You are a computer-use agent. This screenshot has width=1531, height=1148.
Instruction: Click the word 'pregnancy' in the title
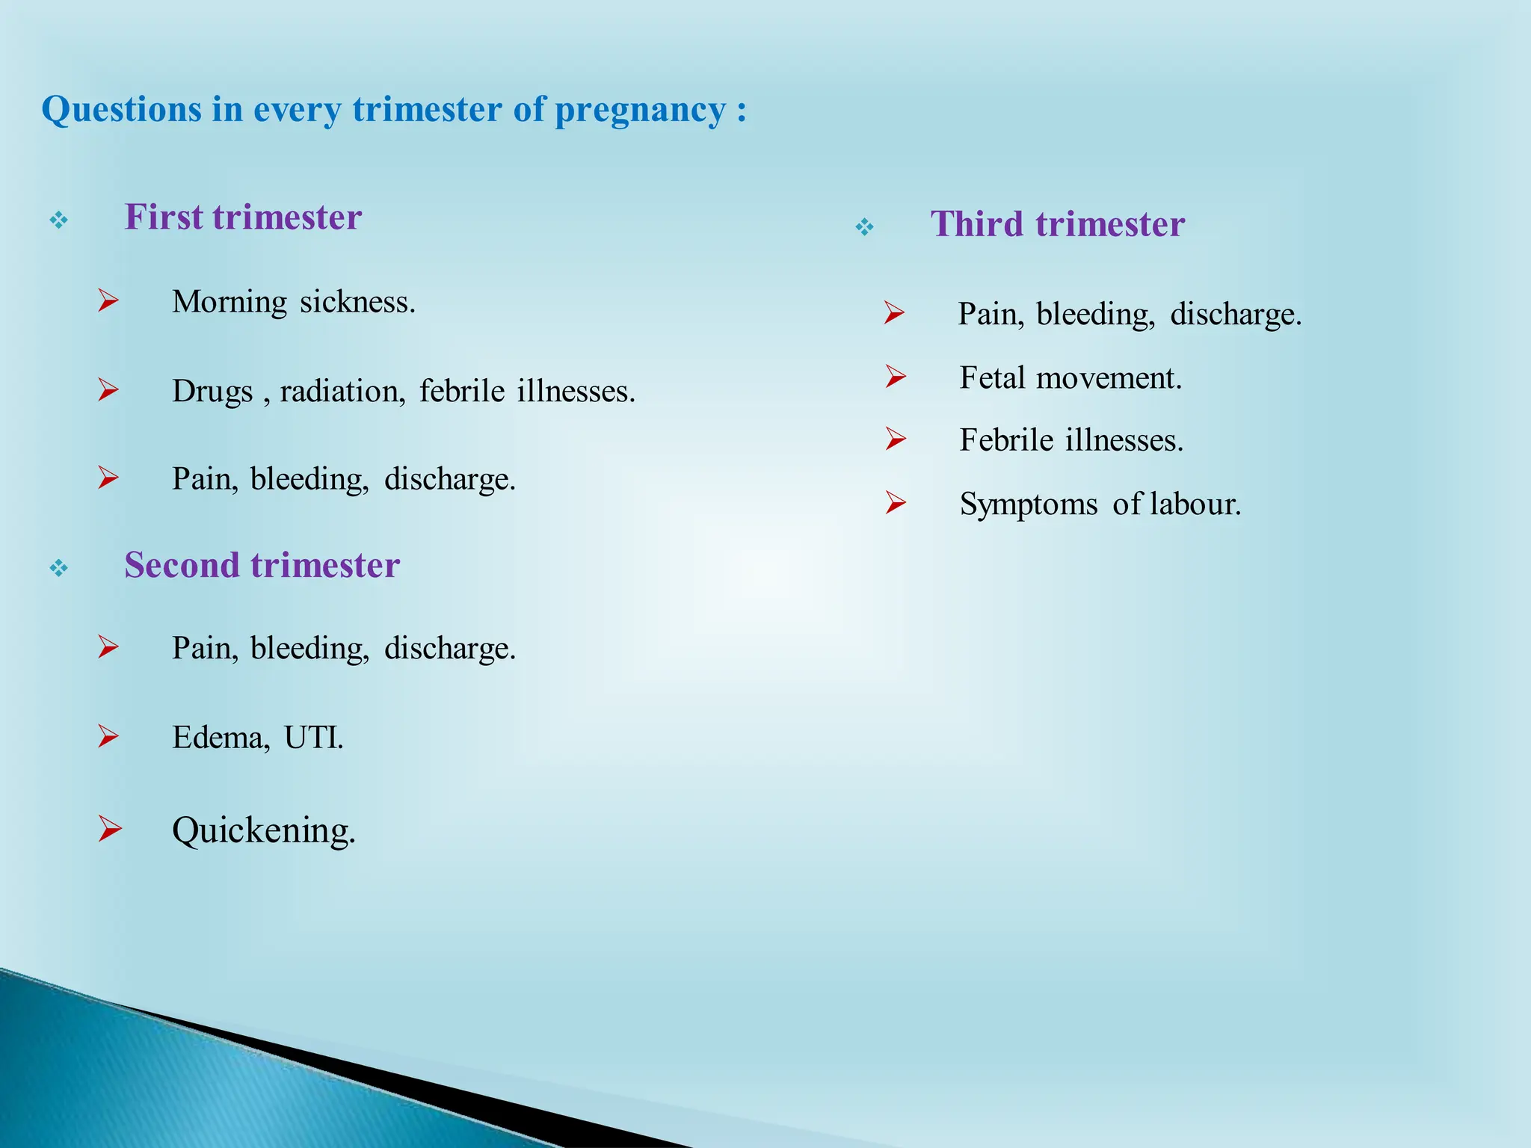(640, 111)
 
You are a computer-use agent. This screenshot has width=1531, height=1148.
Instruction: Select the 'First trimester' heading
(243, 217)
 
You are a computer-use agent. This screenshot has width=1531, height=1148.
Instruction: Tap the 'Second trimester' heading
(262, 565)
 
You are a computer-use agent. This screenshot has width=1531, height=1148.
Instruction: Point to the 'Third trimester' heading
(1057, 224)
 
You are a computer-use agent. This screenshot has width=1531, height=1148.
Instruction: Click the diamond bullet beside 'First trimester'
(59, 220)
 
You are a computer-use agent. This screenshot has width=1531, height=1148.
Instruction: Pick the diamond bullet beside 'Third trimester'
(864, 227)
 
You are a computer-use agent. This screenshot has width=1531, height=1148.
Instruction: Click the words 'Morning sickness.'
(293, 303)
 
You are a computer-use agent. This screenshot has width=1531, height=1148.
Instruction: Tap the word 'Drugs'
(212, 392)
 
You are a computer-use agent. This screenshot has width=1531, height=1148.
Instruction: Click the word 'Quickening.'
(263, 830)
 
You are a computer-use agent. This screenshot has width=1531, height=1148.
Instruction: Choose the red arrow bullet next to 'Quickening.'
(109, 829)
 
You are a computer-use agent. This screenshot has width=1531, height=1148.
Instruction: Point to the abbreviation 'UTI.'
(313, 738)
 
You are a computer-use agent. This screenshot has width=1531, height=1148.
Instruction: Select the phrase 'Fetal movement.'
(1070, 378)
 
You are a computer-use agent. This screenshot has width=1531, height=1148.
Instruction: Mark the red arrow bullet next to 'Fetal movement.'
(896, 377)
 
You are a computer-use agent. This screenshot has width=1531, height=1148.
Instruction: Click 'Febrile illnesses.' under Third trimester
(1071, 440)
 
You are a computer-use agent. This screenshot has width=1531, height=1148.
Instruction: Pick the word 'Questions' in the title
(121, 111)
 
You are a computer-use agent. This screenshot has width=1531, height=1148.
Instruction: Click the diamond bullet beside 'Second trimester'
(59, 569)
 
